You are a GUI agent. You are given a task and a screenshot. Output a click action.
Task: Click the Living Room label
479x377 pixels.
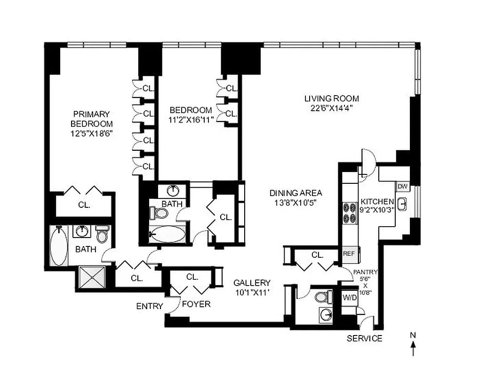click(x=331, y=98)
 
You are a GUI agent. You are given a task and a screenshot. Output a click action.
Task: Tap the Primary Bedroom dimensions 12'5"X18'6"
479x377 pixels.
click(x=91, y=133)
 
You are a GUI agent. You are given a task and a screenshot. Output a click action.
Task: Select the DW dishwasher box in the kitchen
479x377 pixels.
click(x=402, y=187)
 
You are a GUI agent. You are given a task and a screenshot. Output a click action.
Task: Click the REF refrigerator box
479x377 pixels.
click(x=348, y=254)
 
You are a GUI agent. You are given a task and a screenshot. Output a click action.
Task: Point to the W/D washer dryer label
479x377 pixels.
click(x=349, y=297)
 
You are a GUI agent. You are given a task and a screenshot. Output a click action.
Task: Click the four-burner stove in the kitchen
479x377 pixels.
click(x=350, y=212)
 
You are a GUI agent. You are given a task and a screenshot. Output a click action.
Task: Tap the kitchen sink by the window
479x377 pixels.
click(x=402, y=204)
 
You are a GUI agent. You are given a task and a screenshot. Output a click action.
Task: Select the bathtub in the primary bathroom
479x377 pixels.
click(x=59, y=246)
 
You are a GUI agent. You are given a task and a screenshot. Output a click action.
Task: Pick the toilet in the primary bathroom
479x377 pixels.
click(x=102, y=234)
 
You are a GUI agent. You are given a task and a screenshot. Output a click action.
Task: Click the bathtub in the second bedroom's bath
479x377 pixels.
click(x=168, y=234)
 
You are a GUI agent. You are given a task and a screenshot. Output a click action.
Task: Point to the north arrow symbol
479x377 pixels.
click(x=413, y=348)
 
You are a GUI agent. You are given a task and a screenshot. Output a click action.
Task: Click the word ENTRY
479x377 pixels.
click(x=149, y=306)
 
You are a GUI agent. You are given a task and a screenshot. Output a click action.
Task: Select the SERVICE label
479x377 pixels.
click(x=364, y=338)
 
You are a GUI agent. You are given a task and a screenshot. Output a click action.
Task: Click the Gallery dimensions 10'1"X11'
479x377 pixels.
click(x=252, y=292)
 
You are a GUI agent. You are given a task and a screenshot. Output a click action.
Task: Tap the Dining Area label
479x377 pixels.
click(x=295, y=193)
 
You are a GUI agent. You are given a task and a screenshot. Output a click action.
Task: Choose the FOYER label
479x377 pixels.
click(x=196, y=304)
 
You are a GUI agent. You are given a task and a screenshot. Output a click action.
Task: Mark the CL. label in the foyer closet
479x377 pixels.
click(x=192, y=277)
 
